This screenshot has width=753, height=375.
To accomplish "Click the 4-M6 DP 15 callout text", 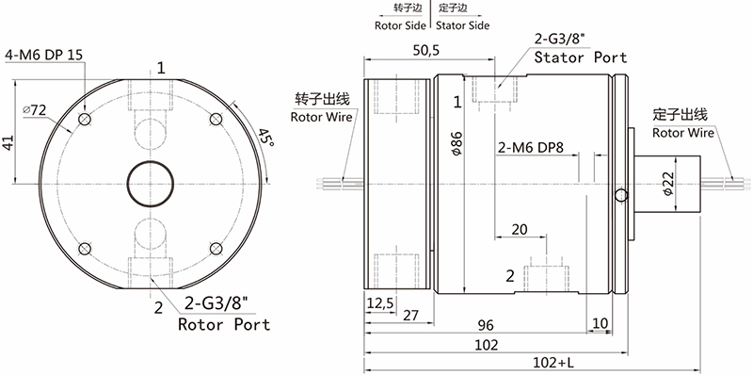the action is point(43,55).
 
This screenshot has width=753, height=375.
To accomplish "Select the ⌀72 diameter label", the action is point(34,110).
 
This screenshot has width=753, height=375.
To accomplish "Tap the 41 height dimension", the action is point(8,143).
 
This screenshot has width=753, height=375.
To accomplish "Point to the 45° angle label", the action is point(265,139).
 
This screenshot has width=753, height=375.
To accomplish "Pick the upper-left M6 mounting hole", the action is point(85,119).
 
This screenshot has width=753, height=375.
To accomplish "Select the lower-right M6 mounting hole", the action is point(216,249).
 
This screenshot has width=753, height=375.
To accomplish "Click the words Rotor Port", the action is point(224,324).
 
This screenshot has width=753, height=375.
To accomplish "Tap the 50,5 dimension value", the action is point(425,51).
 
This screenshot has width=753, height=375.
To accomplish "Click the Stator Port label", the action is point(581,57).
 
